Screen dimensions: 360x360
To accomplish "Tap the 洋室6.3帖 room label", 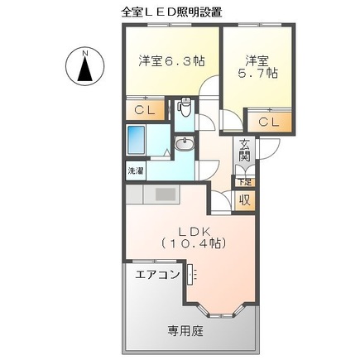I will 171,60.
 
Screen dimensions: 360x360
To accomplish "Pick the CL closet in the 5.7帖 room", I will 269,122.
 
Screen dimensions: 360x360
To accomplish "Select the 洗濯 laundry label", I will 134,171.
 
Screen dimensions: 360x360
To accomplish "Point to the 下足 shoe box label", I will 243,181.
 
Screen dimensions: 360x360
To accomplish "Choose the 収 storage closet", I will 245,199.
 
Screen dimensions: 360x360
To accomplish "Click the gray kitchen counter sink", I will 165,196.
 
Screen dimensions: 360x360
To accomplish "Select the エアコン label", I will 156,275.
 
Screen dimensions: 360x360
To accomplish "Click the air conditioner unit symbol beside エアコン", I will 190,276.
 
